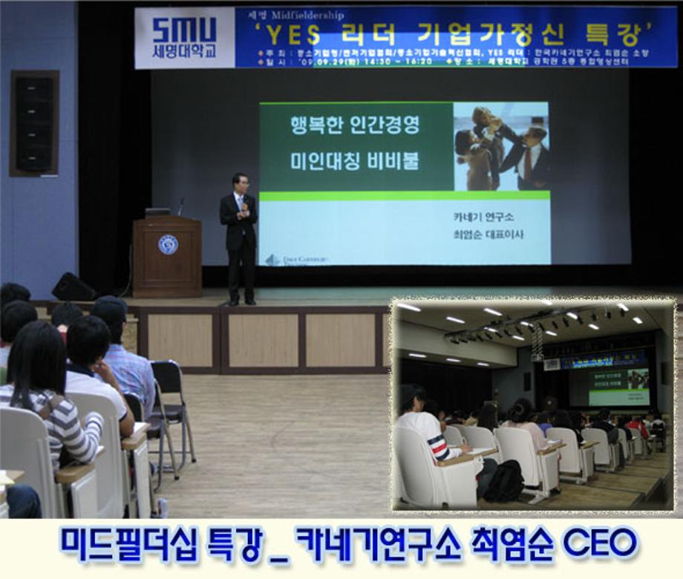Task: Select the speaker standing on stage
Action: tap(239, 238)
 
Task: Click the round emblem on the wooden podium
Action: tap(168, 245)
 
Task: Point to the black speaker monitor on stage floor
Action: tap(73, 287)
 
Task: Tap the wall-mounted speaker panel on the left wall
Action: tap(34, 123)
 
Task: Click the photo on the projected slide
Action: tap(501, 146)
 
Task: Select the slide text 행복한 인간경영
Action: tap(355, 125)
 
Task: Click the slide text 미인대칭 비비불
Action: tap(355, 162)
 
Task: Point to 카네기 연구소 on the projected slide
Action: tap(483, 217)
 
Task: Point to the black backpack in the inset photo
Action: tap(505, 480)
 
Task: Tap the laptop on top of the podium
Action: tap(157, 212)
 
